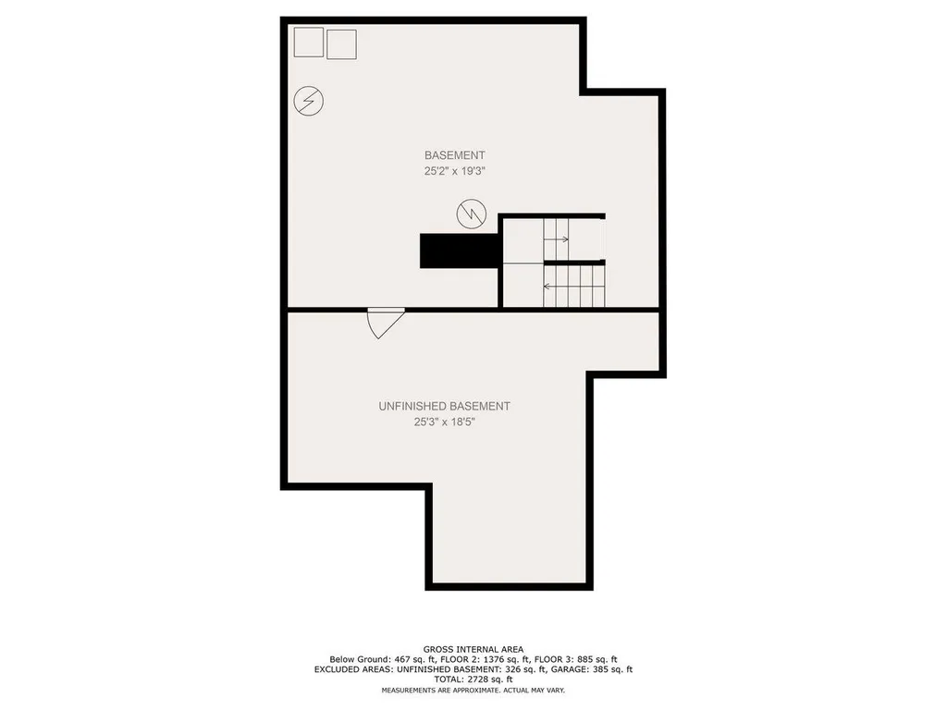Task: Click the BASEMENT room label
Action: [x=454, y=155]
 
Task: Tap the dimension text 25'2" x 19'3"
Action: [x=454, y=171]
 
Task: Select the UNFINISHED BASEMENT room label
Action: [x=444, y=406]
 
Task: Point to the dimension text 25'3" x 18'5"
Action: [x=444, y=422]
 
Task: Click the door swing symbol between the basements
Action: [x=384, y=323]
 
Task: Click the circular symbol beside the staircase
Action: [x=471, y=214]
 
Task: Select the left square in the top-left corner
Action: [x=308, y=42]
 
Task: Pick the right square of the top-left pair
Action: [x=341, y=43]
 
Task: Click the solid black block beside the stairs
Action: [x=461, y=251]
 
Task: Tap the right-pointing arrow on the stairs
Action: [x=558, y=239]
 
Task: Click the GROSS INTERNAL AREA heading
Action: [x=473, y=649]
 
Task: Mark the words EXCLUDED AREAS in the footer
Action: [x=345, y=669]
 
